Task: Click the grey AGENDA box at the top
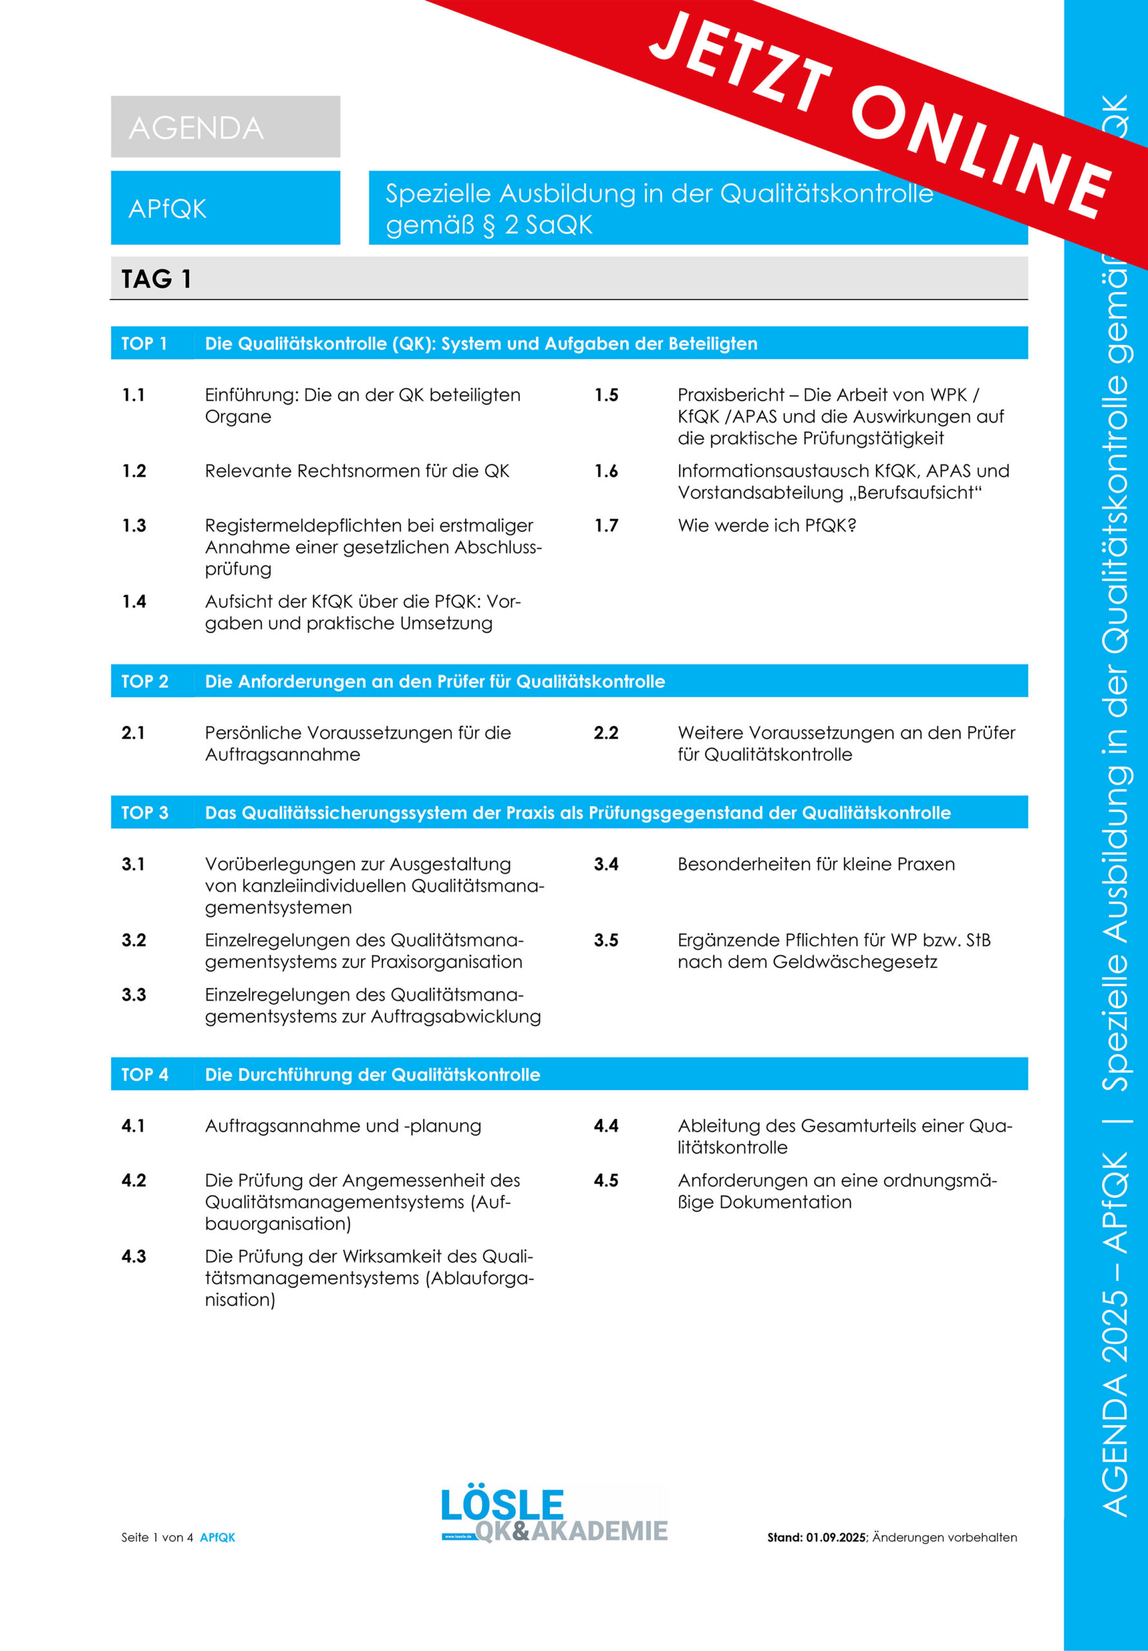coord(225,126)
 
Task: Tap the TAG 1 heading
coord(156,279)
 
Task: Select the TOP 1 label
coord(144,344)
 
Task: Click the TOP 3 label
coord(144,813)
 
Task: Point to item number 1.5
coord(606,395)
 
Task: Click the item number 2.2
coord(606,733)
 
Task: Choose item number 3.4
coord(606,864)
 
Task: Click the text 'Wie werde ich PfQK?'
coord(767,526)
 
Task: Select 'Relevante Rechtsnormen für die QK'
coord(357,471)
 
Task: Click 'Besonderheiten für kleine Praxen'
coord(816,864)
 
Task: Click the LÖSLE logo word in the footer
coord(502,1505)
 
